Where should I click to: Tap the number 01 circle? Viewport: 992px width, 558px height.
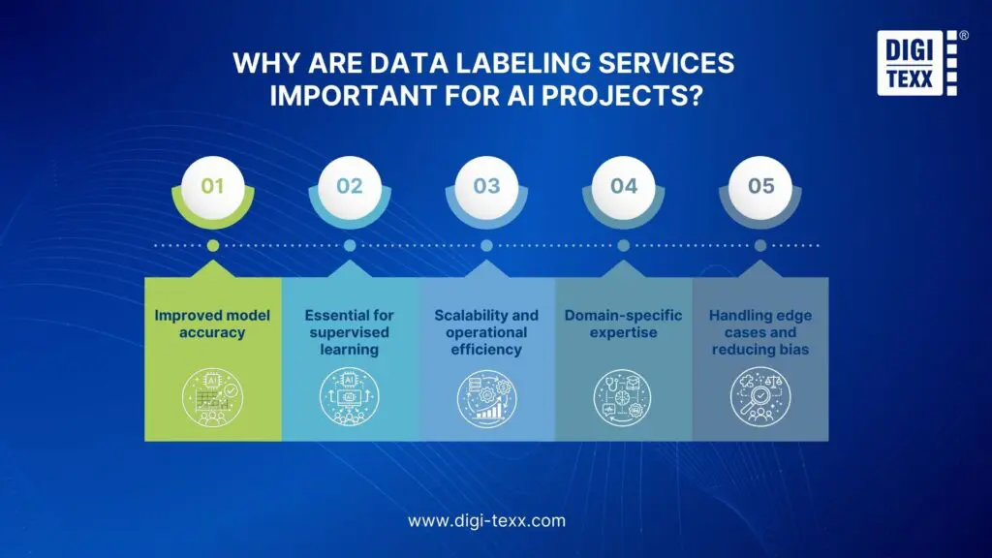point(212,184)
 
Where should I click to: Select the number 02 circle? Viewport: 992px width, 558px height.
point(350,184)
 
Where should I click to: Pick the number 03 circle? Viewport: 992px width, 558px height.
point(486,184)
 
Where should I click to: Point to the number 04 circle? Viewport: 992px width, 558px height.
point(624,184)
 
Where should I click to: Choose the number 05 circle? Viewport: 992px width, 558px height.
point(760,184)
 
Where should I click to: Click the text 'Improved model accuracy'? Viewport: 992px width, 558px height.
point(212,324)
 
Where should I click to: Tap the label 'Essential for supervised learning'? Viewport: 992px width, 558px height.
point(350,332)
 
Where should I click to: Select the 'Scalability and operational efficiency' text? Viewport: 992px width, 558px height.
point(486,332)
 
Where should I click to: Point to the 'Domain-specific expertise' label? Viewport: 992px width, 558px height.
point(624,324)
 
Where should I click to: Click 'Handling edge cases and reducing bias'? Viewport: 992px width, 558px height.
point(760,332)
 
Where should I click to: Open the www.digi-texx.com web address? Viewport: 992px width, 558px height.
point(486,520)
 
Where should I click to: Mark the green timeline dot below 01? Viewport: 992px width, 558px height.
point(212,245)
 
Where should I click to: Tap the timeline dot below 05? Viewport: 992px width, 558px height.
point(760,245)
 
